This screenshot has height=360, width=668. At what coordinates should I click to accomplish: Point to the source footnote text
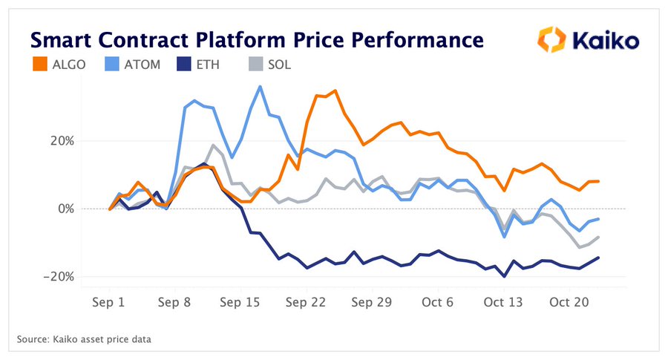pos(85,340)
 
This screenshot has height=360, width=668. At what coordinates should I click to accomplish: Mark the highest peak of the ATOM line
pos(260,87)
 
